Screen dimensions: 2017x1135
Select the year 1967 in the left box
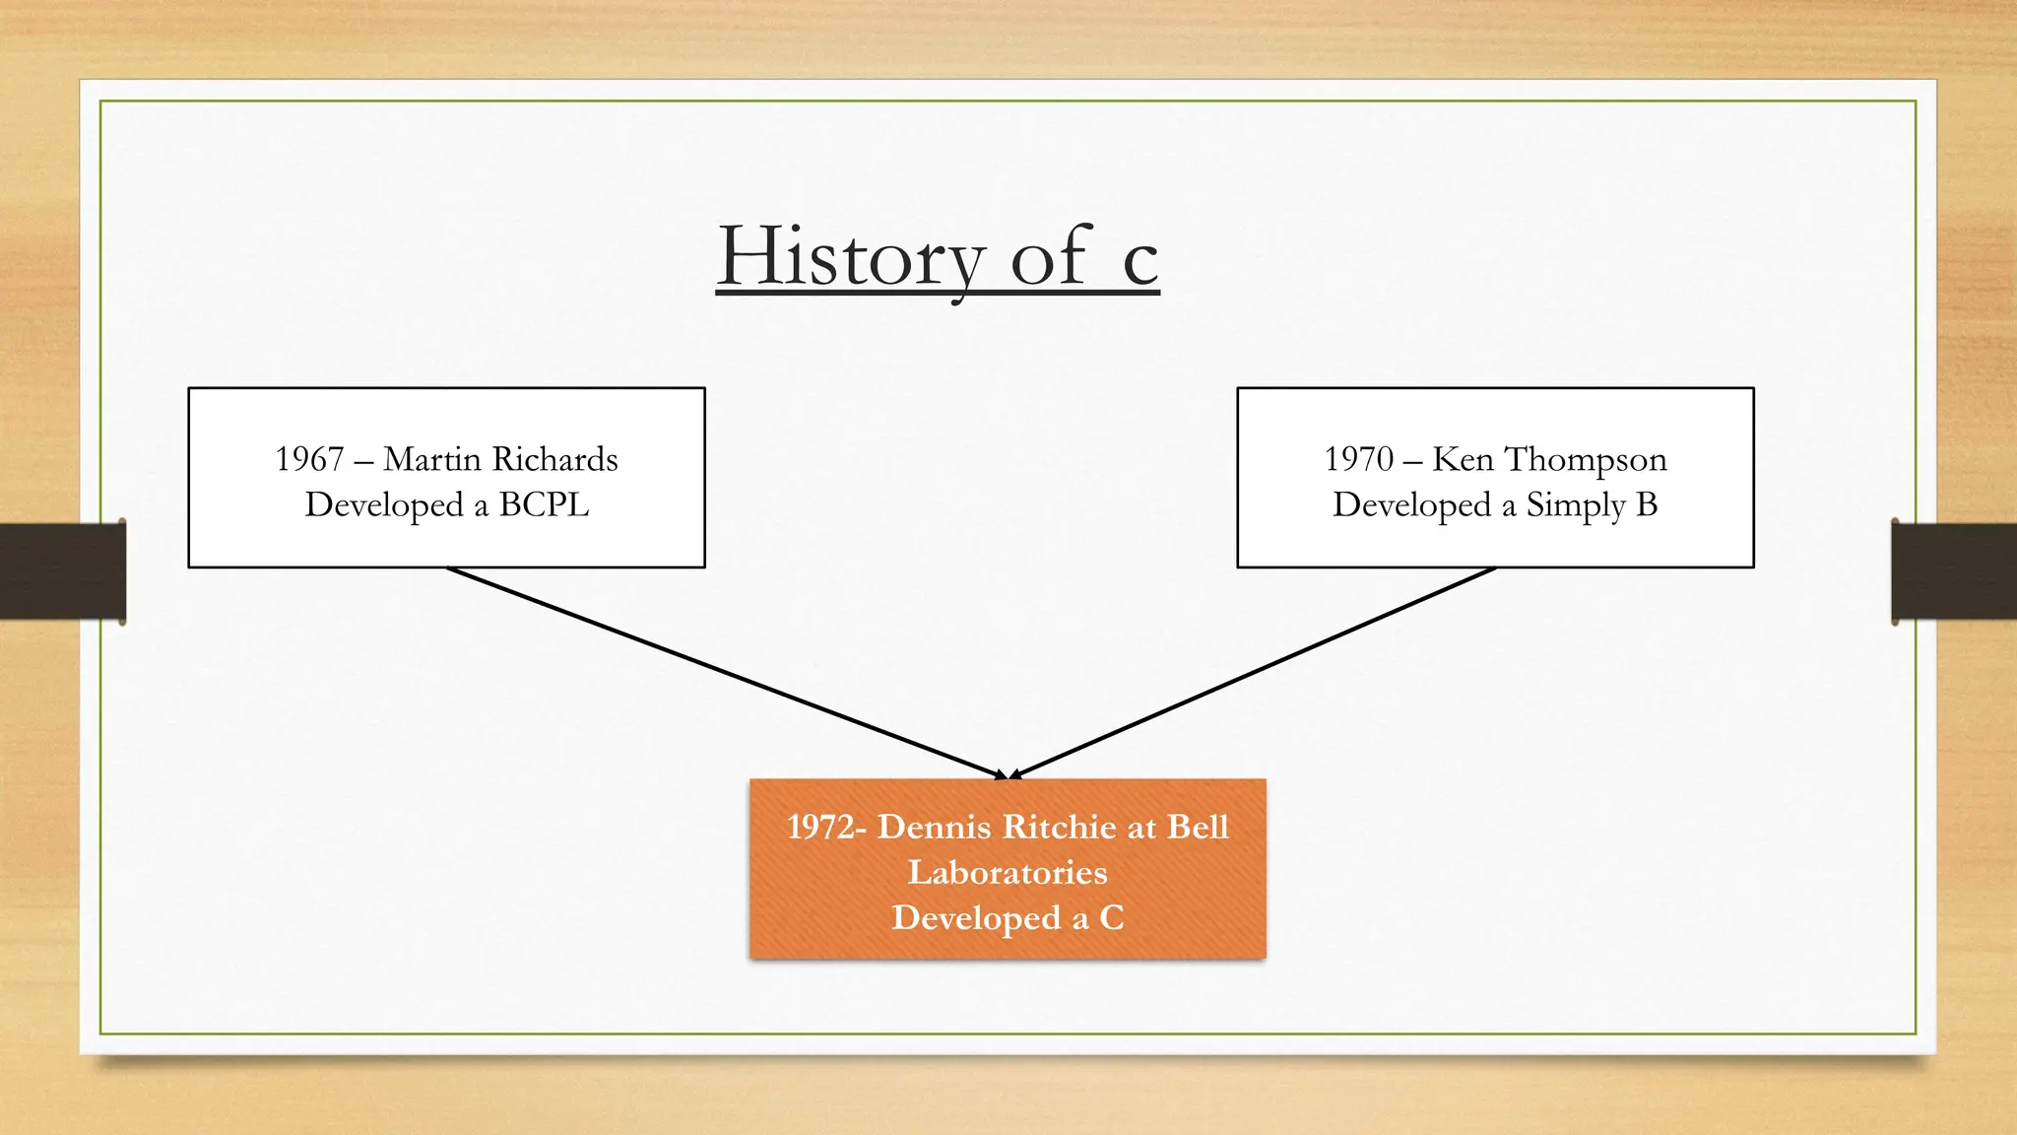point(309,459)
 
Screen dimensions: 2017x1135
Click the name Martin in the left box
point(432,459)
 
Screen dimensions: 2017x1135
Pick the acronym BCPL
point(544,504)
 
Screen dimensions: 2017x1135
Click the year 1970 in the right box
point(1358,459)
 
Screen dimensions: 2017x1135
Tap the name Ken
point(1463,459)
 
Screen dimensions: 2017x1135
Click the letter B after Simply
point(1647,504)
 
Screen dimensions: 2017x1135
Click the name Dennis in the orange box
point(934,827)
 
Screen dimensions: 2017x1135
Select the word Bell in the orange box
point(1198,827)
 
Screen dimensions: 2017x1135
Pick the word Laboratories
point(1008,873)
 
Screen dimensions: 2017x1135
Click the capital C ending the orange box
point(1111,918)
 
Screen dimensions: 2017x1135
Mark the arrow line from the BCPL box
point(724,672)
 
